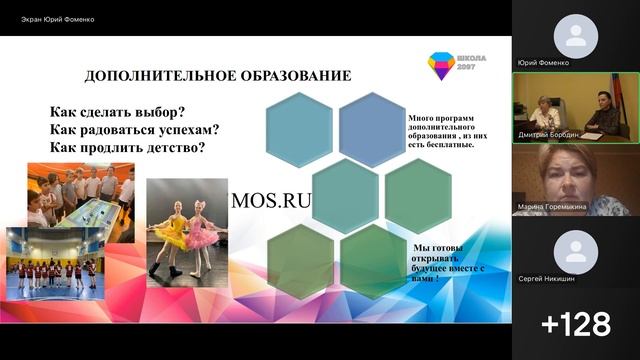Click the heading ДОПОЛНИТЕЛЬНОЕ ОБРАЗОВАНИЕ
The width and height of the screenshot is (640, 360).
tap(217, 75)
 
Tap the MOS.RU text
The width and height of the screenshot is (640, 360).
tap(271, 199)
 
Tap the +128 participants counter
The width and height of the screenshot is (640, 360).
tap(575, 324)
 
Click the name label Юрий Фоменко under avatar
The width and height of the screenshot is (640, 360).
tap(544, 62)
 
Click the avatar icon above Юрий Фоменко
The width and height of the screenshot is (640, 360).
tap(576, 37)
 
